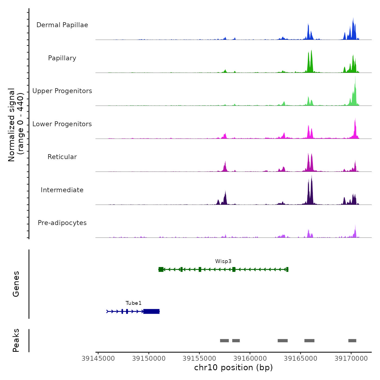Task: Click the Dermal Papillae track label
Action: click(62, 25)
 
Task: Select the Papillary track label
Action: click(62, 58)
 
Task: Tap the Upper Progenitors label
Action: click(62, 91)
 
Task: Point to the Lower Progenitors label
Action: click(62, 124)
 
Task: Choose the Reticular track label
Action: click(62, 157)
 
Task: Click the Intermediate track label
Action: click(62, 190)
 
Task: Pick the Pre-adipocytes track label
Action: click(62, 223)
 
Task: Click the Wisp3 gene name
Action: click(223, 261)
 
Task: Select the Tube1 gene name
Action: click(134, 303)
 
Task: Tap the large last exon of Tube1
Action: click(151, 311)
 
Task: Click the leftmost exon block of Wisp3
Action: click(161, 269)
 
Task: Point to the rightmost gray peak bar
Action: click(352, 341)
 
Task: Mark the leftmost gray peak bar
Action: click(224, 341)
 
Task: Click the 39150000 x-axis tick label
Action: click(149, 359)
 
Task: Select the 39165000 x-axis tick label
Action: click(300, 359)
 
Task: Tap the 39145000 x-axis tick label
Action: click(98, 359)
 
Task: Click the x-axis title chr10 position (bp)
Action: click(233, 368)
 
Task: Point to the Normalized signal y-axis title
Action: click(16, 125)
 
